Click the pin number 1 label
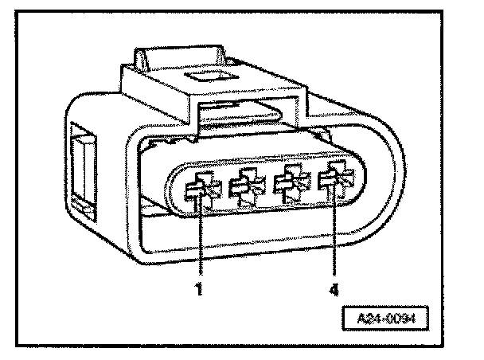[x=200, y=289]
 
